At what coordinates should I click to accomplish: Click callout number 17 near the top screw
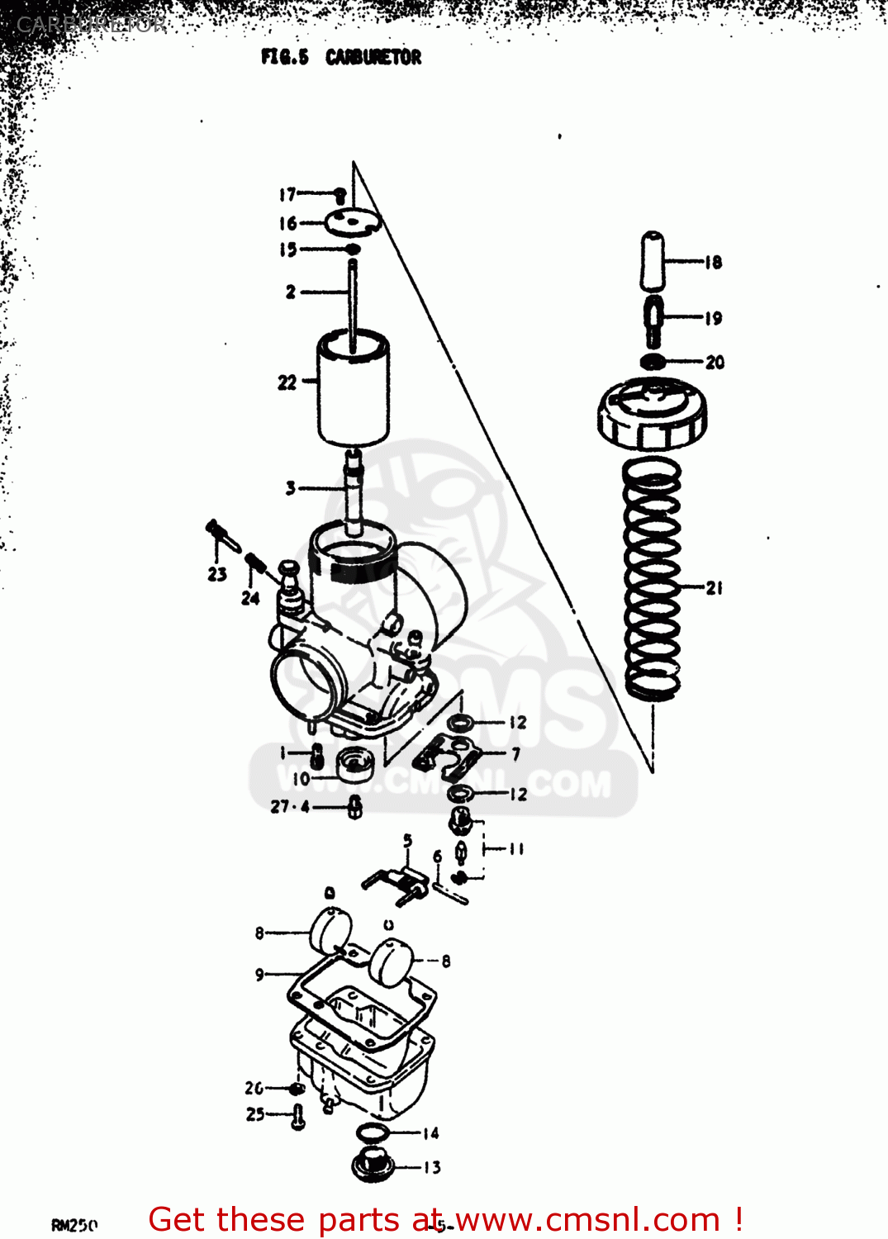click(x=287, y=195)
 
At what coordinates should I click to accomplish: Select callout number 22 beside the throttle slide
click(x=287, y=382)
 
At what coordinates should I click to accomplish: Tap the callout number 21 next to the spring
click(x=715, y=588)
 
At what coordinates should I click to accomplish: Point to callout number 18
click(x=714, y=263)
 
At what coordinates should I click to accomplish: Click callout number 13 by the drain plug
click(x=432, y=1167)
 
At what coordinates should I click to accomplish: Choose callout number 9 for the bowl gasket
click(x=259, y=975)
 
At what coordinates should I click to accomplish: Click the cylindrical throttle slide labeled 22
click(x=354, y=388)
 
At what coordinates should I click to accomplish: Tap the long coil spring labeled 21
click(x=653, y=578)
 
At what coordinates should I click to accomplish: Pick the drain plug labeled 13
click(x=373, y=1165)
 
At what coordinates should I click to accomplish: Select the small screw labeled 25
click(x=298, y=1117)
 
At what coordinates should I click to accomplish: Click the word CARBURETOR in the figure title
click(x=373, y=57)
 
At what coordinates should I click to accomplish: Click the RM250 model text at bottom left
click(x=74, y=1225)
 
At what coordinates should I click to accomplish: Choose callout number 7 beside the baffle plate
click(x=516, y=753)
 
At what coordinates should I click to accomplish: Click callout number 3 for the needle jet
click(x=290, y=488)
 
